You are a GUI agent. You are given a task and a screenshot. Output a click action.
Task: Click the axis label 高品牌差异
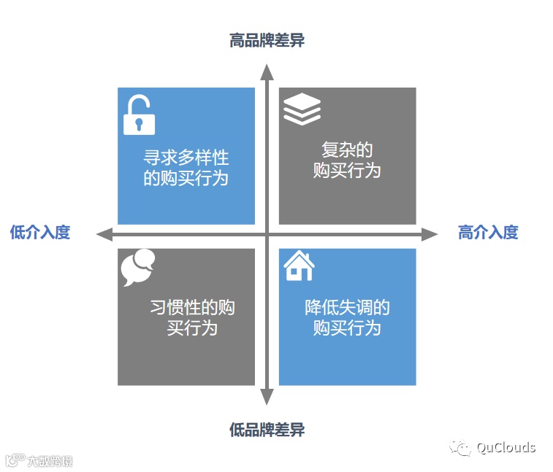click(267, 40)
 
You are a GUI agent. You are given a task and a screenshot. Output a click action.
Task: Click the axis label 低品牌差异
click(267, 430)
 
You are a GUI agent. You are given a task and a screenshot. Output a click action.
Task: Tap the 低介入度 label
click(40, 233)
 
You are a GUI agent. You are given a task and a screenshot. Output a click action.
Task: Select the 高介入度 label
click(488, 233)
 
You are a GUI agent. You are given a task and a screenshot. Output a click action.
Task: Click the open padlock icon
click(138, 115)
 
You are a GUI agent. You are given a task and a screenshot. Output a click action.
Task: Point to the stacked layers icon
click(302, 109)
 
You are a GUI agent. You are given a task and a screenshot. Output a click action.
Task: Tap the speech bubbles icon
click(138, 268)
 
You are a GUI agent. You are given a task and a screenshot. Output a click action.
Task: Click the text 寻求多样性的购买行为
click(186, 168)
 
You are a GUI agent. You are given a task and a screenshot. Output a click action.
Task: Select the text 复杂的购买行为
click(347, 160)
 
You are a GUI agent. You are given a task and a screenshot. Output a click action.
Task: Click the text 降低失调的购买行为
click(347, 317)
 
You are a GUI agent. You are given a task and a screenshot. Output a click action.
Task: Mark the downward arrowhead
click(267, 397)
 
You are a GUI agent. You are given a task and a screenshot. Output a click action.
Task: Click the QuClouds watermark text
click(506, 448)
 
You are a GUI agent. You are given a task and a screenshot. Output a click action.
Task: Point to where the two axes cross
click(267, 234)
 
